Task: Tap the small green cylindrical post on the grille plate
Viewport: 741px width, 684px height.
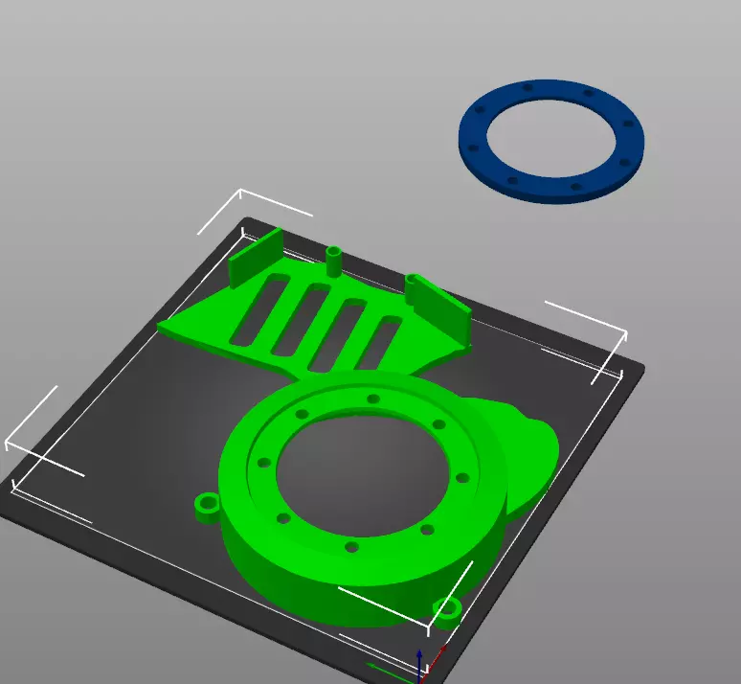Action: point(334,261)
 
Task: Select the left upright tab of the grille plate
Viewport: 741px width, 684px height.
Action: point(255,257)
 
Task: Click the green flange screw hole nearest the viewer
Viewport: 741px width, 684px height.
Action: point(352,547)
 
